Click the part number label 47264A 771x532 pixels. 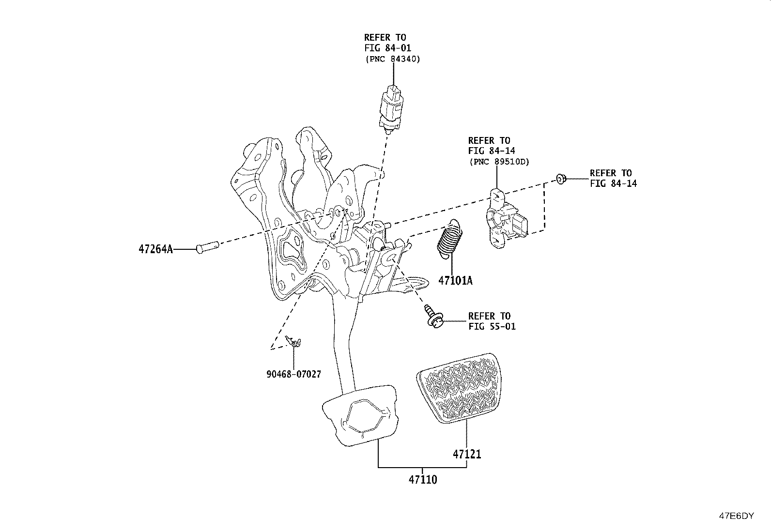[x=155, y=249]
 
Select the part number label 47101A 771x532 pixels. [x=455, y=281]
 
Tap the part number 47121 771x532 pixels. [x=467, y=454]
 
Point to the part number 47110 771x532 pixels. [x=423, y=480]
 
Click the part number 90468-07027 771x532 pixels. [x=293, y=374]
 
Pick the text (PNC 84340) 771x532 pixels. [x=393, y=59]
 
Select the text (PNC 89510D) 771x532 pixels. [x=499, y=162]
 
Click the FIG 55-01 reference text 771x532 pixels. [x=492, y=326]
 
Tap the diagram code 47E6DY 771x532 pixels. [x=736, y=516]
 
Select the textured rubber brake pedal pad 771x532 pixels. [x=460, y=388]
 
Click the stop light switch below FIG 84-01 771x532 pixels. [x=391, y=109]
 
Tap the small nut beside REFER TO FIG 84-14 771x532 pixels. [x=561, y=179]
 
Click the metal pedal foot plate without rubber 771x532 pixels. [x=360, y=415]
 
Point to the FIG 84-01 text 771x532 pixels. [x=388, y=48]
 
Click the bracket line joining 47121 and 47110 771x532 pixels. [x=422, y=467]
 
